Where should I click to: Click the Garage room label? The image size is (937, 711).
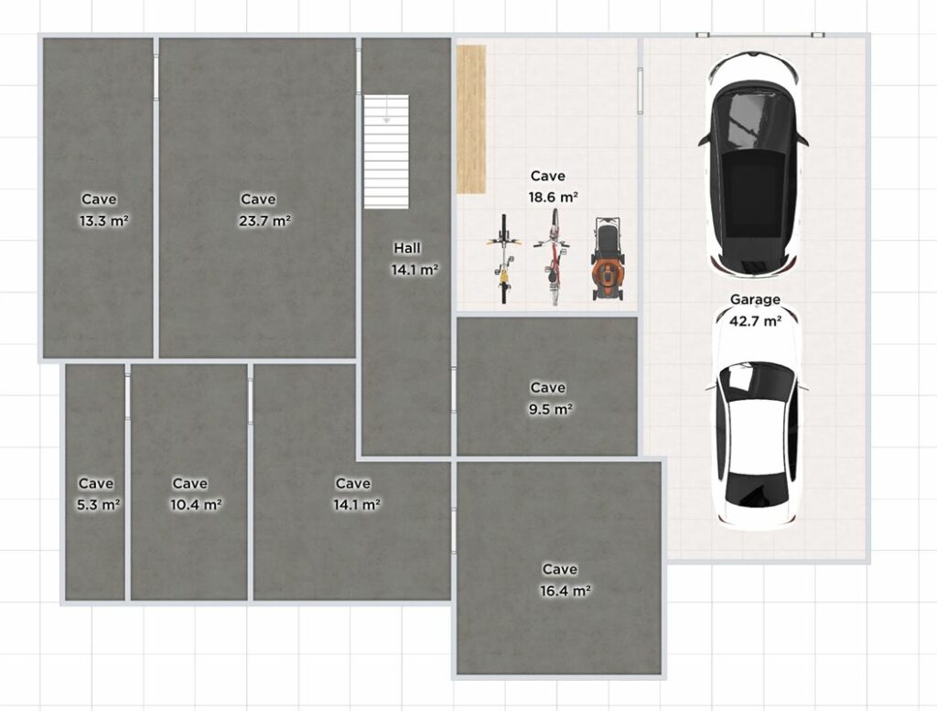[x=755, y=299]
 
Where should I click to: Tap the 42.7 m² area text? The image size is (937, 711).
[x=755, y=321]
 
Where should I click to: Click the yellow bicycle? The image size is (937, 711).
[x=504, y=259]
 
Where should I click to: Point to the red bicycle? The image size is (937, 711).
[x=554, y=257]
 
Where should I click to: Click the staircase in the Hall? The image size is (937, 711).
[x=387, y=152]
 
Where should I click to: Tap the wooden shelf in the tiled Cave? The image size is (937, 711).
[x=471, y=120]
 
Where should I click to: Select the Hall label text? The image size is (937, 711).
[x=407, y=248]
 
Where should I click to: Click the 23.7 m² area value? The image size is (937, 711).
[x=264, y=221]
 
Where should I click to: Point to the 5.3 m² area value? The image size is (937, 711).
[x=98, y=505]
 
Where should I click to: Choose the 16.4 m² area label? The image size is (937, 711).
[x=565, y=591]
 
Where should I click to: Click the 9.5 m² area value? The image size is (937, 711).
[x=550, y=409]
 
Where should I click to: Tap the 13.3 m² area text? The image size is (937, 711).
[x=104, y=221]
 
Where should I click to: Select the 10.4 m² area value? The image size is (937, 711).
[x=196, y=505]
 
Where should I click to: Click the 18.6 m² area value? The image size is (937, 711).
[x=553, y=197]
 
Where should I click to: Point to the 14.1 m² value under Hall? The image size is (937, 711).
[x=415, y=269]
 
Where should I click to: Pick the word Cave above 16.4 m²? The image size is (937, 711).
[x=560, y=569]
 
